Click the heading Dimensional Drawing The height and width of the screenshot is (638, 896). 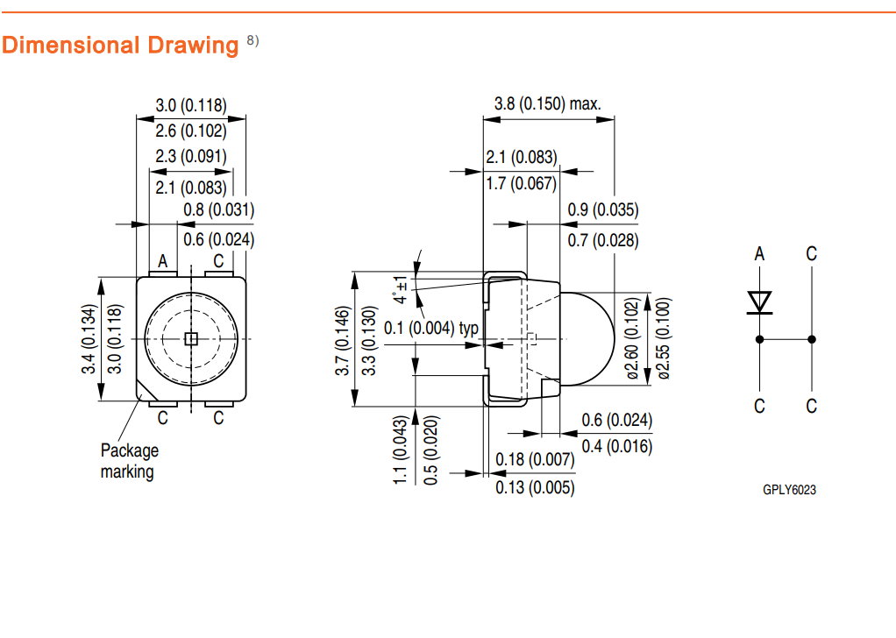click(x=120, y=45)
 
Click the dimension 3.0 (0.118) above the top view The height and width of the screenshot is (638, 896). click(x=191, y=105)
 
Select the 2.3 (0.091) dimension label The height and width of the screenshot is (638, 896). click(x=191, y=156)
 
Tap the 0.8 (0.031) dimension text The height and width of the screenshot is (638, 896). click(x=219, y=209)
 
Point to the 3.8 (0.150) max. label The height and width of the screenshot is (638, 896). click(x=548, y=103)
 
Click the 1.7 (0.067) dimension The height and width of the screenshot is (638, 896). click(x=522, y=182)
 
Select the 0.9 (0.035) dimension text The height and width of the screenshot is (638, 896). click(x=603, y=209)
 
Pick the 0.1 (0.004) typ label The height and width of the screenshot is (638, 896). click(x=445, y=328)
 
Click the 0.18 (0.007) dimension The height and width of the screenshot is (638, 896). click(x=535, y=459)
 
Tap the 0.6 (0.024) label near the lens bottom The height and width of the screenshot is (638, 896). click(x=617, y=420)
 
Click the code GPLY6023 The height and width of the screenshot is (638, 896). click(x=789, y=490)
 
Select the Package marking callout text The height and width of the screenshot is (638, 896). click(x=128, y=461)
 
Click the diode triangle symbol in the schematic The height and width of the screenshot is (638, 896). click(x=759, y=301)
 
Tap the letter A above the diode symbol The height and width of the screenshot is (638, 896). click(x=759, y=254)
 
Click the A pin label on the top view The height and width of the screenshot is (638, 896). click(x=162, y=261)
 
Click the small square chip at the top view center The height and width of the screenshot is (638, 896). click(x=192, y=338)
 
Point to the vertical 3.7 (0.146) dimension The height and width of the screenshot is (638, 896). click(x=343, y=340)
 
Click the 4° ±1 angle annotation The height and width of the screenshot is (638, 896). click(x=401, y=289)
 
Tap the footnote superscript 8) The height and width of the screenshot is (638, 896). click(x=252, y=40)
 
